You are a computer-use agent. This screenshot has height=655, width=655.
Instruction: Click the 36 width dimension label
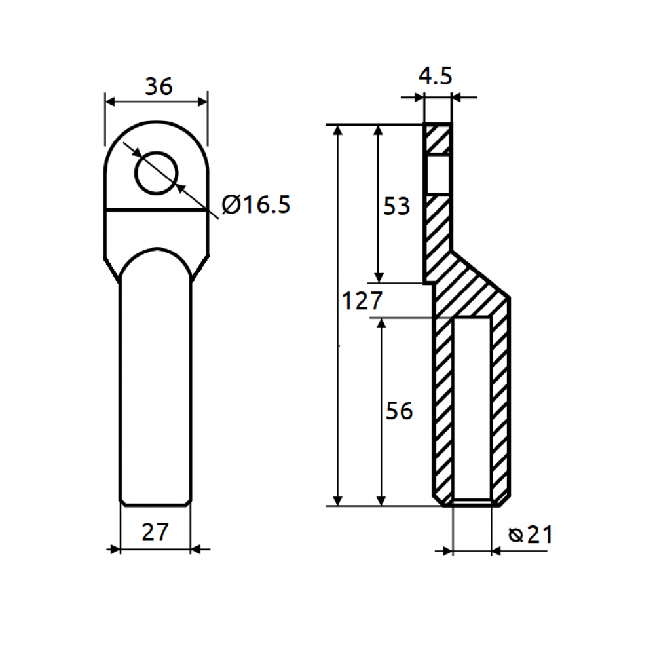tap(159, 86)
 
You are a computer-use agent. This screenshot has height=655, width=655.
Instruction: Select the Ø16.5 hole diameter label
tap(255, 204)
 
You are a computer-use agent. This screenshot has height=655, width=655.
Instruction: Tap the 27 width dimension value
tap(155, 532)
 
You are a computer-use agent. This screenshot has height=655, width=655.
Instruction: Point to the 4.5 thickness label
tap(436, 76)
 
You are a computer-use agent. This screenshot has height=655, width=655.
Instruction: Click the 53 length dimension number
tap(396, 206)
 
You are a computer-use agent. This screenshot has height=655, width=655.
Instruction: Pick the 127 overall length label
tap(362, 301)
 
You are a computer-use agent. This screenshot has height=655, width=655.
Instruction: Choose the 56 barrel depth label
tap(399, 411)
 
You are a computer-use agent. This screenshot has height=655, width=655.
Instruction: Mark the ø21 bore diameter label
tap(531, 534)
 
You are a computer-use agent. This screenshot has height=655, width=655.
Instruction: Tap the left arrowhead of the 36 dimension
tap(110, 102)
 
